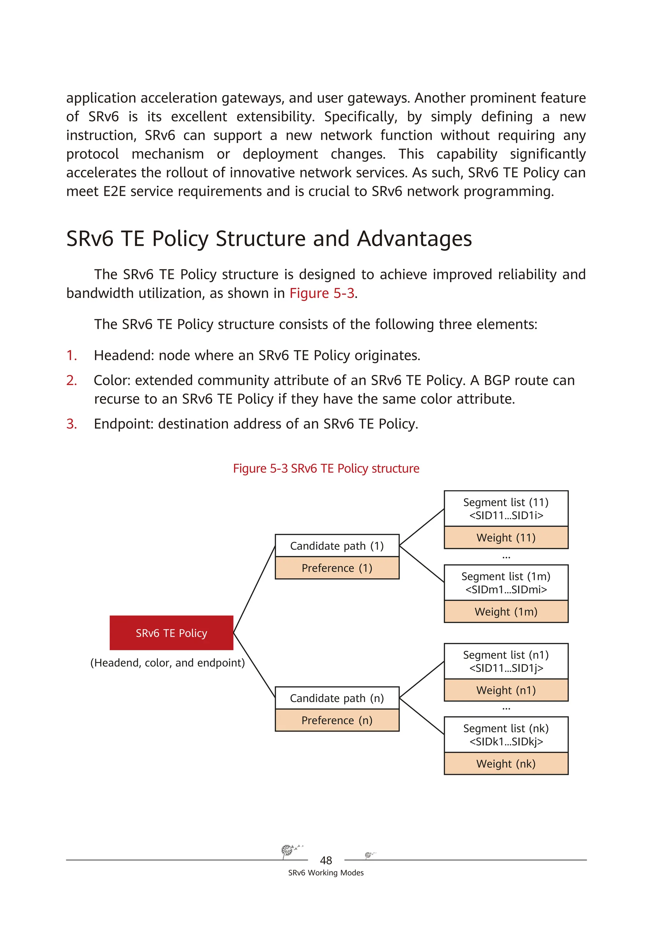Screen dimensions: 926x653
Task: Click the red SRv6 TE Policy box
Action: (x=171, y=633)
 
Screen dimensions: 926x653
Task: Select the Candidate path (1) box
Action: (x=337, y=546)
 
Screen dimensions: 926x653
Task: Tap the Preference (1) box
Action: (x=337, y=568)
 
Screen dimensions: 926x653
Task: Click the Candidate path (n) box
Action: (x=337, y=698)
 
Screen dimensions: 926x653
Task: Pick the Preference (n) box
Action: (x=337, y=720)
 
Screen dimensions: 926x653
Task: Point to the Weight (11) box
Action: (x=506, y=538)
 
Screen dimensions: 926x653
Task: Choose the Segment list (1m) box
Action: (x=506, y=583)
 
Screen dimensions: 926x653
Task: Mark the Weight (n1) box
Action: (x=506, y=690)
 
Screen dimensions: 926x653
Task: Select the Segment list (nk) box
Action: (x=506, y=735)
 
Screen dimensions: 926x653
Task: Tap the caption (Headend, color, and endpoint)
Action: (x=168, y=663)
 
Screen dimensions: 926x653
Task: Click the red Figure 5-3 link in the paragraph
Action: (x=321, y=293)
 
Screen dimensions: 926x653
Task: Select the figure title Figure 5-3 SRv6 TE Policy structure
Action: (x=326, y=469)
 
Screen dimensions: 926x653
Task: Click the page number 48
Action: (x=326, y=861)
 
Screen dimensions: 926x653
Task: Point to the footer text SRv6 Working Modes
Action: (x=326, y=873)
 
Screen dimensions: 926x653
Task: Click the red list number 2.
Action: (x=71, y=380)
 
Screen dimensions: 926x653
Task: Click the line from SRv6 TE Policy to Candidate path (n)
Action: (x=254, y=666)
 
